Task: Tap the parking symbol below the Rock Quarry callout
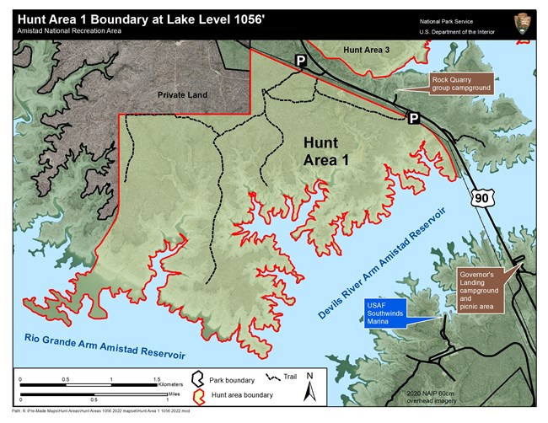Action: point(413,119)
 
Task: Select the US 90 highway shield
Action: point(481,197)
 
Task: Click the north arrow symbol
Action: point(309,387)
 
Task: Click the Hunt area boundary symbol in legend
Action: point(196,397)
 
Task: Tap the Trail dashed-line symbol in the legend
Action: point(271,379)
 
